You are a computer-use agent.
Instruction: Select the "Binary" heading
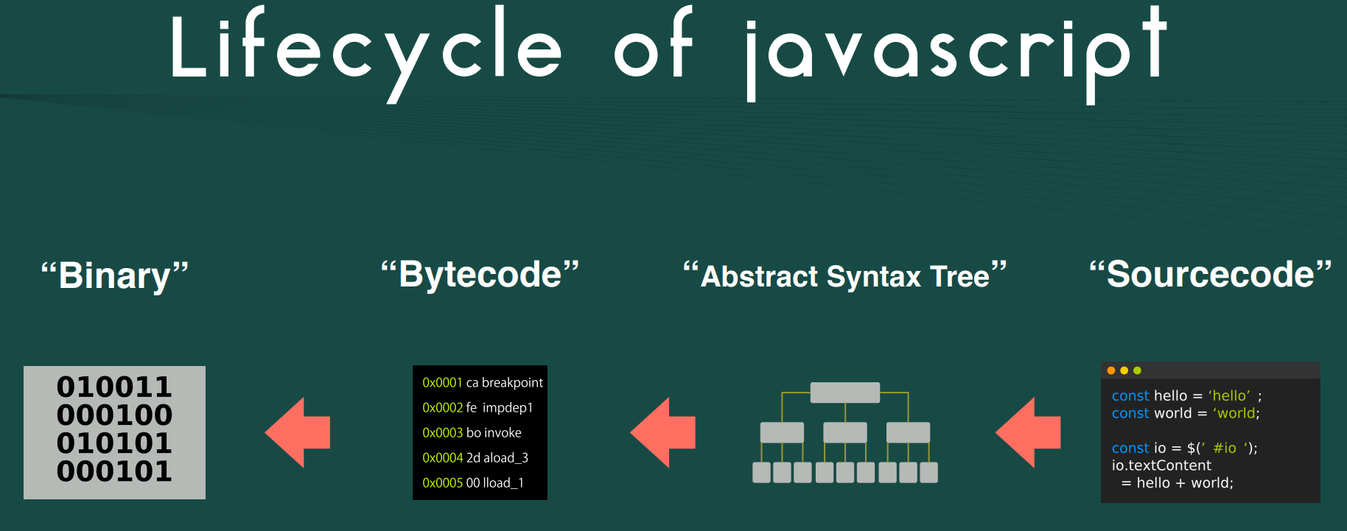(115, 275)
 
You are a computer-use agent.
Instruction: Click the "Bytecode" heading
(480, 275)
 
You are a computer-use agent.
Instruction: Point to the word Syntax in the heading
(873, 277)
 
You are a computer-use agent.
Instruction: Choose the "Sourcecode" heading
(1210, 275)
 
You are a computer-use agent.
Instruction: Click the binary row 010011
(114, 387)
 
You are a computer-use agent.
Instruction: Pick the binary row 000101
(114, 471)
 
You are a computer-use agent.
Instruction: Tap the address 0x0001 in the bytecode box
(442, 383)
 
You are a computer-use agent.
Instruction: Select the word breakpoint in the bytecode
(512, 383)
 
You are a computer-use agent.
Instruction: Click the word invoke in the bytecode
(503, 433)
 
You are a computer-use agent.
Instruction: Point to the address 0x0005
(442, 483)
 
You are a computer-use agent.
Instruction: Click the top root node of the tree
(844, 393)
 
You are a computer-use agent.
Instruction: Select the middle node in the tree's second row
(844, 432)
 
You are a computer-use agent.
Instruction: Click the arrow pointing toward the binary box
(298, 432)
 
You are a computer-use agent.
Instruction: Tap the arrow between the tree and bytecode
(663, 432)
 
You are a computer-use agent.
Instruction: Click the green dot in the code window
(1137, 370)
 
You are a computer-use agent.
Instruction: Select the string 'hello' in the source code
(1229, 396)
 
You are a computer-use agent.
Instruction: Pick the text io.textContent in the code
(1161, 465)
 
